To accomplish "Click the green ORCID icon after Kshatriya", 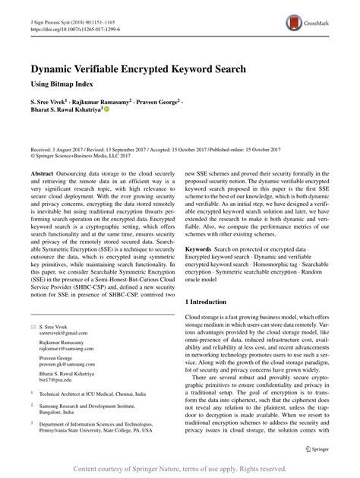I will click(x=118, y=110).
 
